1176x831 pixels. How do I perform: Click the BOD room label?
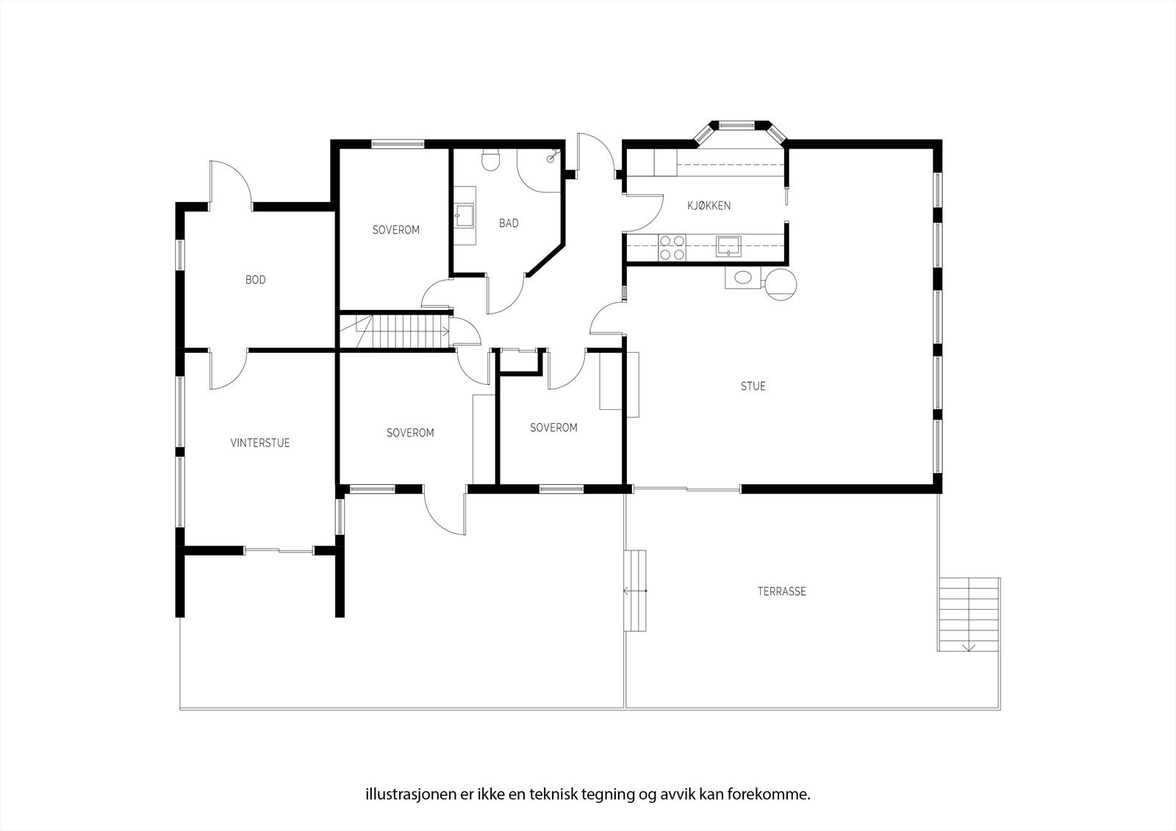(256, 280)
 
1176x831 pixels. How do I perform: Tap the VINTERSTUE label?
(260, 442)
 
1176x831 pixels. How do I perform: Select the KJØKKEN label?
(709, 205)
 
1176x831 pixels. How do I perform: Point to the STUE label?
(753, 386)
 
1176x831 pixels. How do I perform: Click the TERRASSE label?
(781, 591)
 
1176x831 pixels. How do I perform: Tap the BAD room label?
(508, 223)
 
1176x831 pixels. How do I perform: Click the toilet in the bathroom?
(491, 160)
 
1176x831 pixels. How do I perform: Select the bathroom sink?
(465, 216)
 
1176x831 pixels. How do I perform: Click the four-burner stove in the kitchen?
(672, 248)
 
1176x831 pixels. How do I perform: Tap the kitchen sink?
(728, 246)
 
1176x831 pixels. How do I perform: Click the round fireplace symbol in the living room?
(781, 284)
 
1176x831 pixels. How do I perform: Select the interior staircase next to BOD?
(395, 331)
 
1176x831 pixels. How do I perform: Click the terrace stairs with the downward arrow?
(969, 614)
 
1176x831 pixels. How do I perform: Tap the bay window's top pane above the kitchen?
(736, 125)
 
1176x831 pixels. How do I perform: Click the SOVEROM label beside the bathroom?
(396, 229)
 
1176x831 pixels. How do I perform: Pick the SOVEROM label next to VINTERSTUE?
(410, 433)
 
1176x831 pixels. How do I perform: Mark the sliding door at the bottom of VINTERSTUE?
(279, 550)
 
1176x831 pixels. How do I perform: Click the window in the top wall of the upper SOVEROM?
(398, 143)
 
